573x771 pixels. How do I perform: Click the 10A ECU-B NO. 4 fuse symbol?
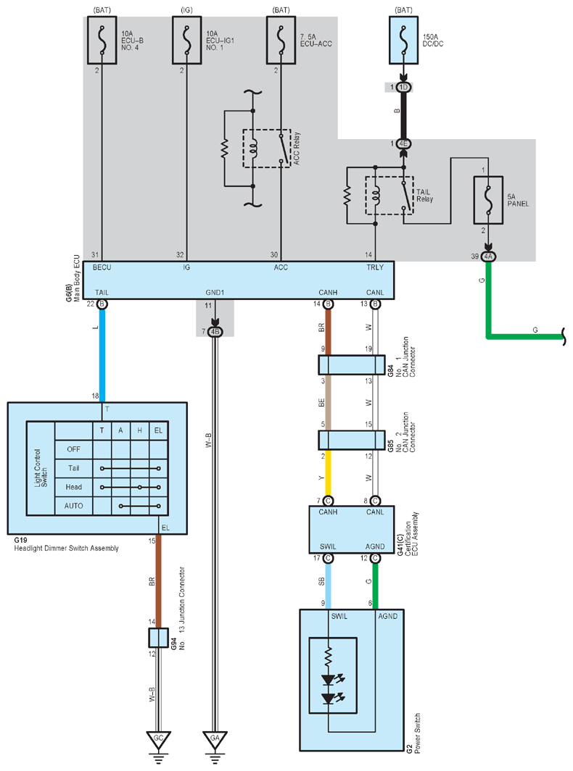click(x=102, y=41)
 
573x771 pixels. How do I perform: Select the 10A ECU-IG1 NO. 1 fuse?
click(x=186, y=41)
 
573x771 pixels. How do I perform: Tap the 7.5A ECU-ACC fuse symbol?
click(x=281, y=41)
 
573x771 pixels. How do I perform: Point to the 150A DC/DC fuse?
click(x=404, y=41)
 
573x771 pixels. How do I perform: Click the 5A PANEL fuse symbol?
click(x=488, y=200)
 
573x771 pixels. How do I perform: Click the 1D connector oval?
click(x=403, y=88)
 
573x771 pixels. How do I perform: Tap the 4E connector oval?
click(x=403, y=143)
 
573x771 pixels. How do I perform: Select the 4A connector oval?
click(x=488, y=257)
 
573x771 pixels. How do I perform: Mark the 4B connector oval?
click(x=215, y=332)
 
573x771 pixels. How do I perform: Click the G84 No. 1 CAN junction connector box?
click(x=352, y=365)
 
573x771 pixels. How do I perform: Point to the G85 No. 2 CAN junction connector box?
click(x=352, y=440)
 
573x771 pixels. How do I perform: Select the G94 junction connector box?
click(x=158, y=637)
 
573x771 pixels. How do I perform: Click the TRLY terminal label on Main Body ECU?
click(x=374, y=267)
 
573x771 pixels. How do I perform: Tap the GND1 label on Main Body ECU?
click(x=215, y=293)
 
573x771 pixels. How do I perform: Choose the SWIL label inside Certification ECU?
click(x=328, y=546)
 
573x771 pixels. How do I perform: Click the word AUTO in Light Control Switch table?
click(x=73, y=506)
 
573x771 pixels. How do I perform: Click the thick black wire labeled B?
click(x=403, y=115)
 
